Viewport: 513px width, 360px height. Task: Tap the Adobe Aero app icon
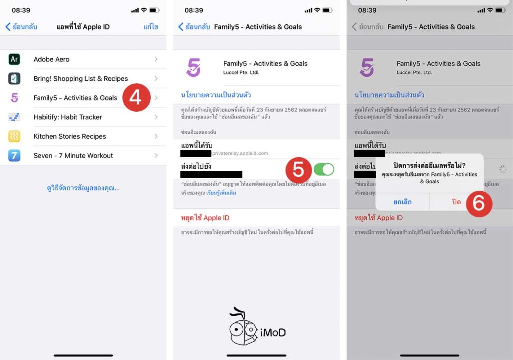pos(14,59)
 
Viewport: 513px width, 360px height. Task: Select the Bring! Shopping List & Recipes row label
pos(80,78)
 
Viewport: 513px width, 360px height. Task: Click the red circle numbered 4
pos(136,98)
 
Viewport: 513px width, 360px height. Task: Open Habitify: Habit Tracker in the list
pos(68,117)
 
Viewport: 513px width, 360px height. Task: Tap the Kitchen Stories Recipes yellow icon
pos(14,136)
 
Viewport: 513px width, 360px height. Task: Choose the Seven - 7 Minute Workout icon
pos(14,155)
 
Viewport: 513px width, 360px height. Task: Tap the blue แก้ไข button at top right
pos(151,27)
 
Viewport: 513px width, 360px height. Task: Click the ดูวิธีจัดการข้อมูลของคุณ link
pos(83,188)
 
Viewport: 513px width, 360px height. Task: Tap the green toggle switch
pos(324,169)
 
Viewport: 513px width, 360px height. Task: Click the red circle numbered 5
pos(299,170)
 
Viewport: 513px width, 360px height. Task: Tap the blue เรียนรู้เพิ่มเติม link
pos(221,193)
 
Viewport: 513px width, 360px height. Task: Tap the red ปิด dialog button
pos(456,202)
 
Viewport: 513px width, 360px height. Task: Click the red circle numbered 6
pos(479,203)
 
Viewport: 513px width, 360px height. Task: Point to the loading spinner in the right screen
pos(503,169)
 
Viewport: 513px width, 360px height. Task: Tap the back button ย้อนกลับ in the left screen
pos(21,27)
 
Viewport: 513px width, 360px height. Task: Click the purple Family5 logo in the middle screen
pos(193,67)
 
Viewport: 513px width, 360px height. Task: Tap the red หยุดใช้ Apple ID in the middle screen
pos(205,218)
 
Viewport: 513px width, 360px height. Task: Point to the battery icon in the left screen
pos(154,10)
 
